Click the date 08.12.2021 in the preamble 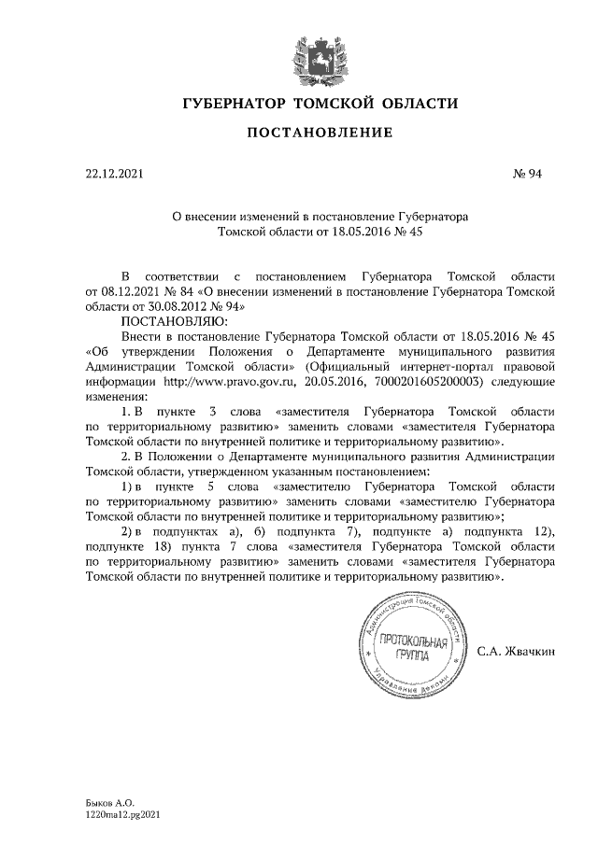[130, 291]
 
